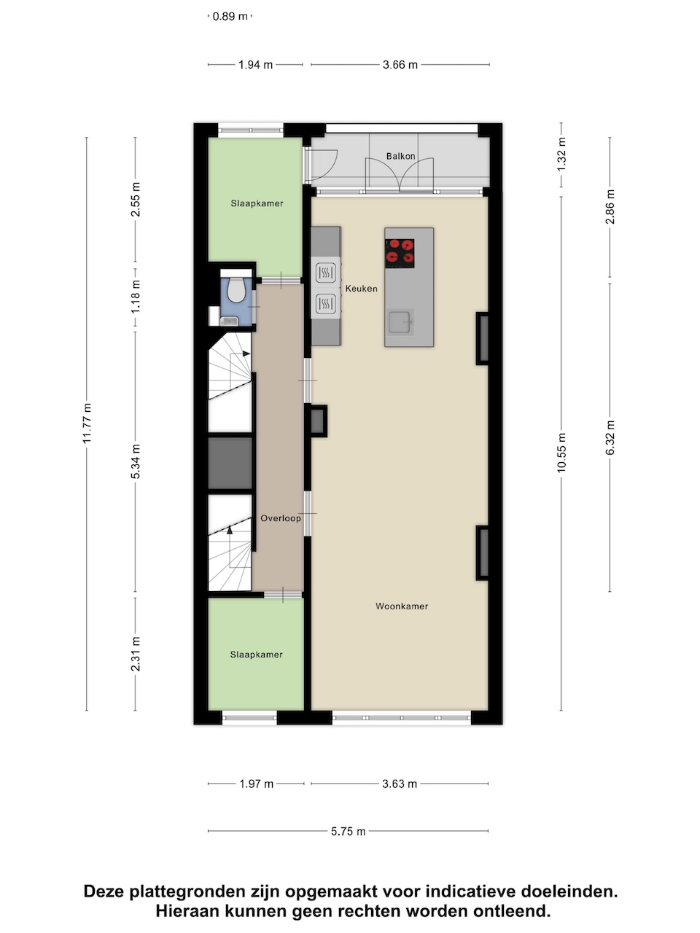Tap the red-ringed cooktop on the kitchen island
(400, 254)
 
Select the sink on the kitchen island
(400, 321)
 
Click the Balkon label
(400, 157)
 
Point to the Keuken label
(361, 289)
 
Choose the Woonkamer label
(402, 606)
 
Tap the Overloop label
(281, 518)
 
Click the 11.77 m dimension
(87, 423)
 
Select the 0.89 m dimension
(230, 17)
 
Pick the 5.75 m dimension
(348, 832)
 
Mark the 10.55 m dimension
(561, 452)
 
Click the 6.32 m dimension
(610, 437)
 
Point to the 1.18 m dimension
(136, 297)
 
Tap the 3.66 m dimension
(400, 65)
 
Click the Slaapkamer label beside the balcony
(257, 203)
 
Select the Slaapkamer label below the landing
(256, 655)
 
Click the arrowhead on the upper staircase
(246, 354)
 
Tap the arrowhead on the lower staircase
(230, 530)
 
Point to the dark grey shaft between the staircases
(230, 464)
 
